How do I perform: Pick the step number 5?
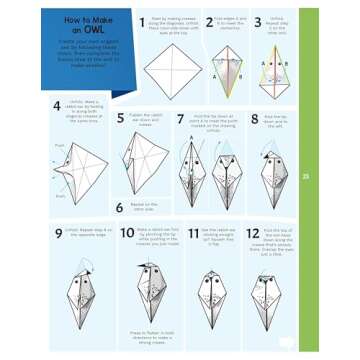pyautogui.click(x=121, y=118)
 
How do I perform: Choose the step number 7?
pyautogui.click(x=181, y=118)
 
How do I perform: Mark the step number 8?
pyautogui.click(x=255, y=118)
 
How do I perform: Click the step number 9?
pyautogui.click(x=59, y=232)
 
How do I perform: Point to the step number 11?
pyautogui.click(x=193, y=233)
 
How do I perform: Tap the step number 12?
pyautogui.click(x=252, y=233)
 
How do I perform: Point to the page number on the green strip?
pyautogui.click(x=306, y=176)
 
